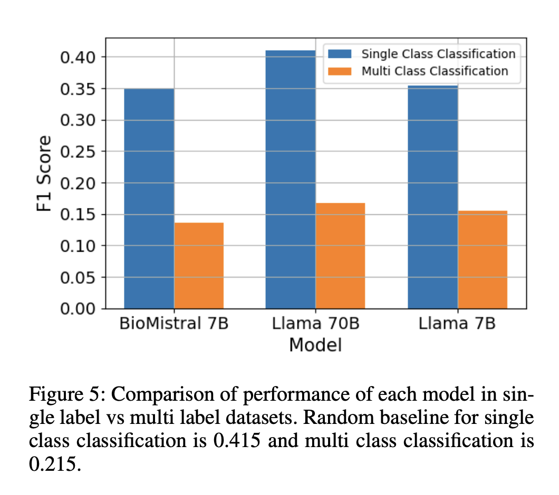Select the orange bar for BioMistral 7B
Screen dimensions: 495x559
(x=199, y=265)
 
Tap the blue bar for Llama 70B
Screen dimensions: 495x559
(x=291, y=180)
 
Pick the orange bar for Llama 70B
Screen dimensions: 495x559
(x=340, y=255)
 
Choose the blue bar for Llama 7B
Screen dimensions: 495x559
(x=432, y=197)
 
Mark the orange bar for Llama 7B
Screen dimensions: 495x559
(x=482, y=260)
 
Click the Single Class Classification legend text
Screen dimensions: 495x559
(x=438, y=54)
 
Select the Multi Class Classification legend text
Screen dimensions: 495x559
(x=435, y=71)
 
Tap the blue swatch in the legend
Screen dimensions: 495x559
(x=339, y=54)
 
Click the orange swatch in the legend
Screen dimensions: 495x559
(x=339, y=71)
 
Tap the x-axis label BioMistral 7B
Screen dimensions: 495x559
(x=174, y=323)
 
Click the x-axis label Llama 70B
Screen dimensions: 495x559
(x=315, y=323)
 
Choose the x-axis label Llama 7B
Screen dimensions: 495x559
(x=457, y=323)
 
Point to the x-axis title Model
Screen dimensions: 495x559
(x=315, y=345)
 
